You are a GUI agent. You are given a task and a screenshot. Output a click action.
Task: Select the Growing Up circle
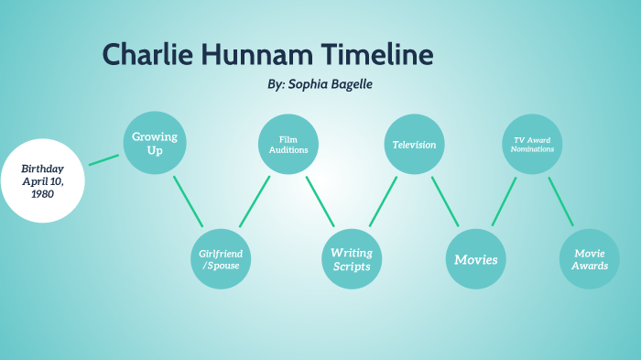point(154,144)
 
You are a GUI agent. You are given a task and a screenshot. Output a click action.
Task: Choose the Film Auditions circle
point(288,144)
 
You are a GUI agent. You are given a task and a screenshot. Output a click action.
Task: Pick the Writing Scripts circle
point(351,259)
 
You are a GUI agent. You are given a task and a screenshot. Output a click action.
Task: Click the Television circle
point(414,144)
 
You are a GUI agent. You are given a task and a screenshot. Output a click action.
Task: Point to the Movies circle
point(476,259)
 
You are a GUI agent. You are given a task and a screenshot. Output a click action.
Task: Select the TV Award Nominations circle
point(532,144)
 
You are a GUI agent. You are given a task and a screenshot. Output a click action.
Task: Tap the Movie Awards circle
point(590,259)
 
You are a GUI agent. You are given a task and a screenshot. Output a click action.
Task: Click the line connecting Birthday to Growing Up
point(103,159)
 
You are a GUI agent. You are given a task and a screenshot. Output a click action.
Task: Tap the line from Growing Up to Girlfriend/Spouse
point(188,202)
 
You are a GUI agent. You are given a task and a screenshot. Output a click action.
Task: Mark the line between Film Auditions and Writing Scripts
point(320,202)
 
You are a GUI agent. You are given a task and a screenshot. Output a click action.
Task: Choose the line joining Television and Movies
point(445,202)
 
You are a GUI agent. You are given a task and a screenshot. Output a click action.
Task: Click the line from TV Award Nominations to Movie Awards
point(560,202)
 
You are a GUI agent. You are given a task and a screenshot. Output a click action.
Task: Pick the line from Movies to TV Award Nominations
point(505,202)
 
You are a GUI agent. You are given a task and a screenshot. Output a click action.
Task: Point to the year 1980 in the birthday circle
point(42,194)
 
